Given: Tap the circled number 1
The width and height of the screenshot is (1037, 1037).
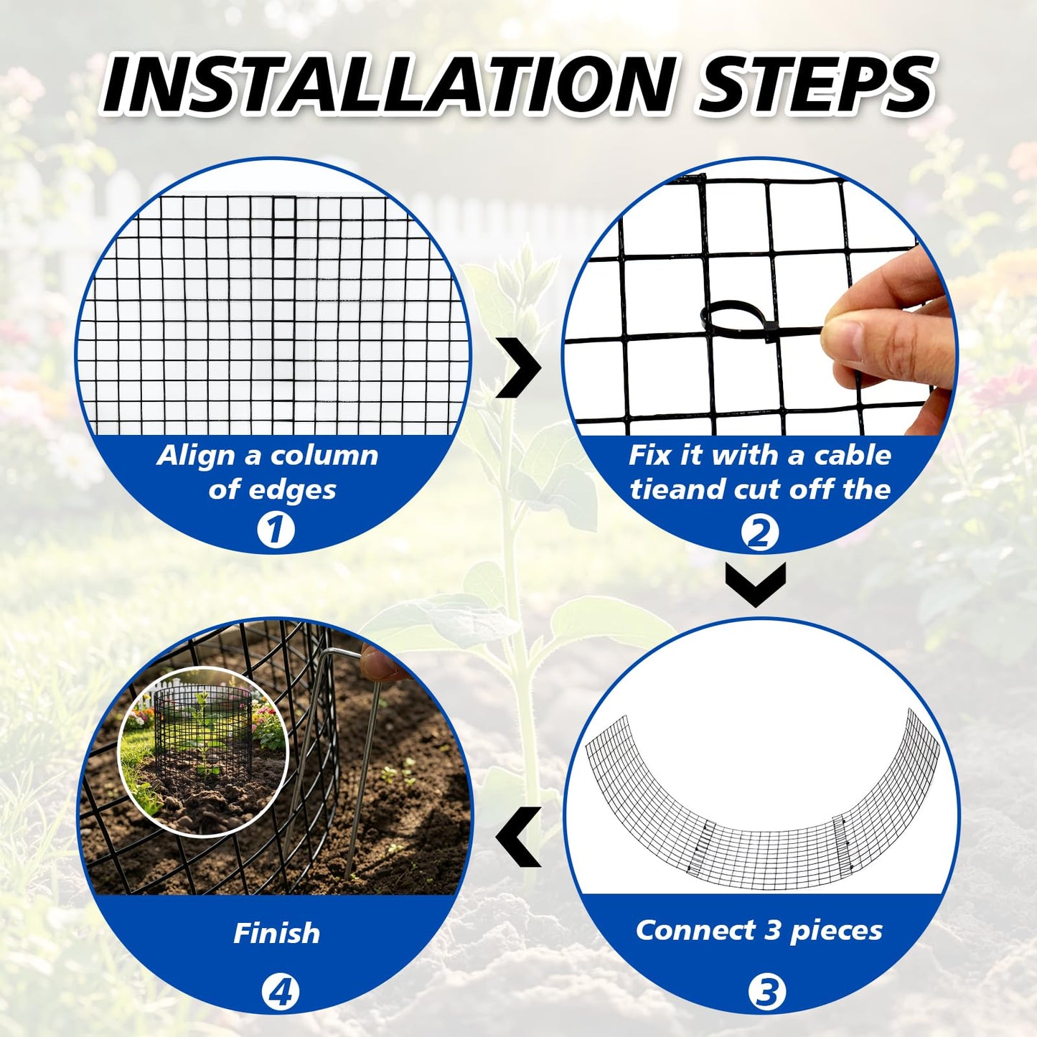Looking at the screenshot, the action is click(x=276, y=530).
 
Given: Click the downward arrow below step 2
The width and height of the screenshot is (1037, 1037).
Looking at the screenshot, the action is click(x=755, y=585).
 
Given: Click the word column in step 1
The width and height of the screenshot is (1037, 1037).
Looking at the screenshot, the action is click(x=324, y=455).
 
